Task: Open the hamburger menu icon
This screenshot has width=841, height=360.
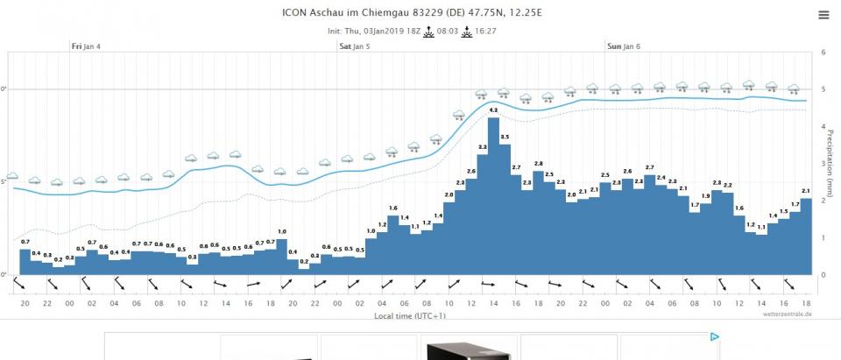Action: pos(823,15)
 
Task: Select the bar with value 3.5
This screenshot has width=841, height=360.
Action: pos(505,210)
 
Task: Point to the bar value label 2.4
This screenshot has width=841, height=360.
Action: pos(661,178)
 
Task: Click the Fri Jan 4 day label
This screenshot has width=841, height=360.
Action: pos(86,46)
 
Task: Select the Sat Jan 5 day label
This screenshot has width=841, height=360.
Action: pos(354,46)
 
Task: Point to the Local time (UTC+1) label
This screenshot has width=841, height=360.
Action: pos(410,314)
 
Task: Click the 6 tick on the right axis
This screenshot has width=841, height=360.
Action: pos(823,53)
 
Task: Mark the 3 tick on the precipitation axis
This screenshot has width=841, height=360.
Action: pos(823,164)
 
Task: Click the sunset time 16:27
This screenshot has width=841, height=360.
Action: pos(485,31)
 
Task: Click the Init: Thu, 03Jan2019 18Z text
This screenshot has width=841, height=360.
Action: pos(372,31)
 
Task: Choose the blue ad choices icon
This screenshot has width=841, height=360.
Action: pos(714,336)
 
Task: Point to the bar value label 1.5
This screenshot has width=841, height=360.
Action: pos(784,212)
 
